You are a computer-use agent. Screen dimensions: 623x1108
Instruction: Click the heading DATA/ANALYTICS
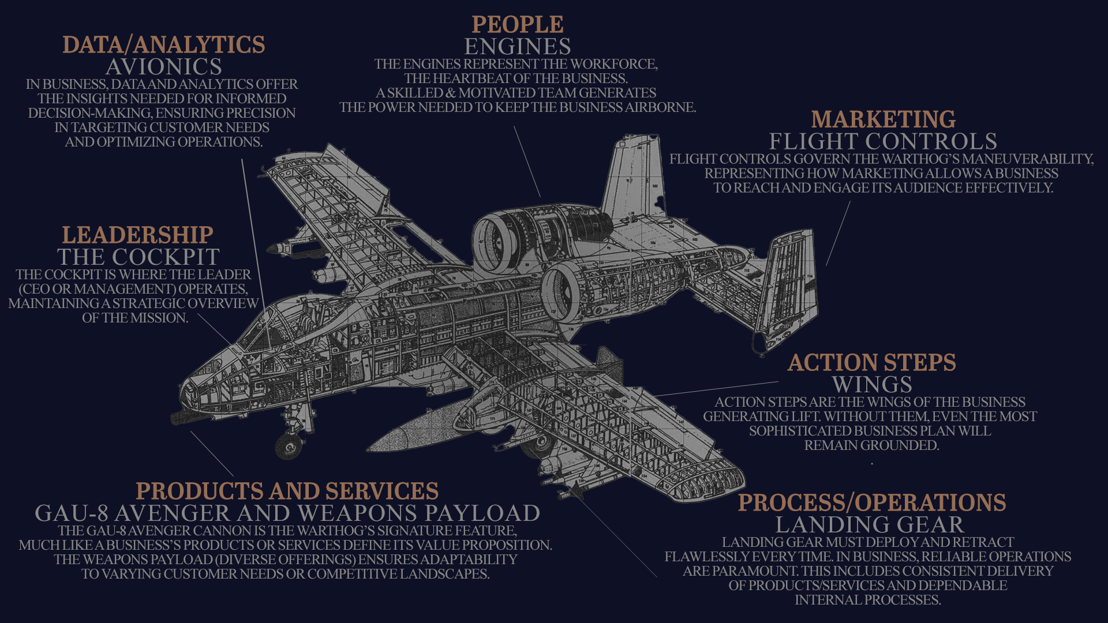coord(164,45)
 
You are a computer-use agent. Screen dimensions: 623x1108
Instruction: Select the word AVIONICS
coord(164,67)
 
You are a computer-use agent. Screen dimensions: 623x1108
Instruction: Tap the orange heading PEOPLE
coord(518,25)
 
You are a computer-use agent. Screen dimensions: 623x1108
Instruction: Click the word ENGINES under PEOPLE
coord(518,47)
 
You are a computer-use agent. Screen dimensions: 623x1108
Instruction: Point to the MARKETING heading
coord(883,119)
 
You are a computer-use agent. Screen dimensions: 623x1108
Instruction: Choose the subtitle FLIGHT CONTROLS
coord(883,142)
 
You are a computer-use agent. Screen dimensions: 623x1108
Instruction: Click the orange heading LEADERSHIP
coord(137,235)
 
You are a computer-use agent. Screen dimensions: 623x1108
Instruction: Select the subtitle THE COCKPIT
coord(138,257)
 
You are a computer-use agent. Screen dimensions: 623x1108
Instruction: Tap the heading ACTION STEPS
coord(871,363)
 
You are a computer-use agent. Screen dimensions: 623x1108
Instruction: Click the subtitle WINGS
coord(872,385)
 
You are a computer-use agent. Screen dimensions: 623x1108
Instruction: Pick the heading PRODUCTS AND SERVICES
coord(287,491)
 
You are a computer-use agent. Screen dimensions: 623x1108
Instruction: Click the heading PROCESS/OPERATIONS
coord(871,503)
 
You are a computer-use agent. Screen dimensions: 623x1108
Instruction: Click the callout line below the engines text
coord(527,162)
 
